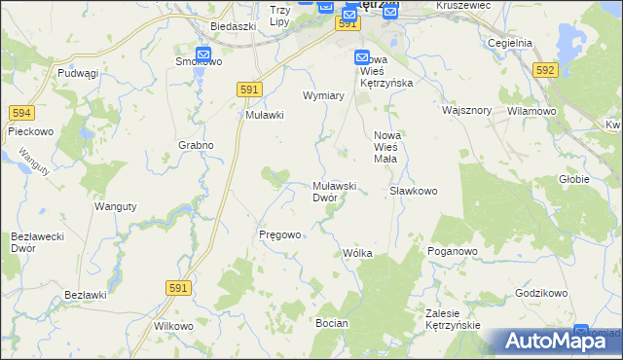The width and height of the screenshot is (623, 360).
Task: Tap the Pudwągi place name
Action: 78,73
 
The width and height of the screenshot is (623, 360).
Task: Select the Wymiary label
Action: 324,95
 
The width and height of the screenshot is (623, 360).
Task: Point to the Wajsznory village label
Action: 464,111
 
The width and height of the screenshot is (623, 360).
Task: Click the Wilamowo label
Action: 531,111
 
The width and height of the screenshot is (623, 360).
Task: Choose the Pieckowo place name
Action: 29,129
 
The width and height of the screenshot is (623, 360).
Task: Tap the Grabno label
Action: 196,145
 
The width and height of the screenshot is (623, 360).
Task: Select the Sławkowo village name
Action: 413,191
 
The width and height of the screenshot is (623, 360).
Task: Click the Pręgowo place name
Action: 279,234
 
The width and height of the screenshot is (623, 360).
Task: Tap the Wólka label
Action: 357,253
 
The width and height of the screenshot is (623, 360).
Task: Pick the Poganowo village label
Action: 452,251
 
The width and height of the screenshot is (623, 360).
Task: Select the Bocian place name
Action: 331,322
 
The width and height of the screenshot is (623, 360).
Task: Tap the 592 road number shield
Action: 545,69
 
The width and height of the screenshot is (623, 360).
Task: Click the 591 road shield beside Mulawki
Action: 249,89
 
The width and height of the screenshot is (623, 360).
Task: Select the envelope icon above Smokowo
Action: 203,55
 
